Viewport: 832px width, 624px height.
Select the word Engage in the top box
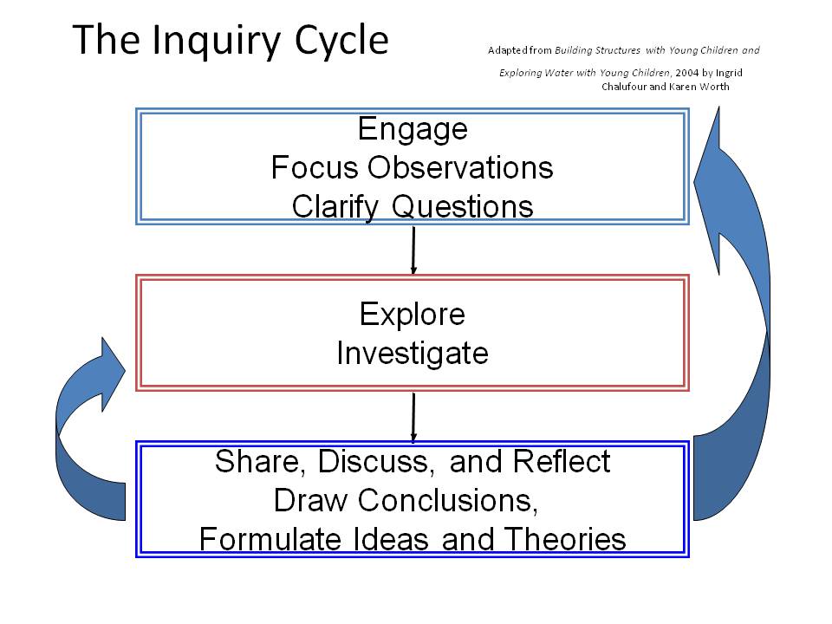tap(413, 129)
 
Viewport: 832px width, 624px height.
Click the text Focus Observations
tap(413, 167)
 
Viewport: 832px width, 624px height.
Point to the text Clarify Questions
tap(413, 206)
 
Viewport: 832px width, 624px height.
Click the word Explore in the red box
tap(413, 314)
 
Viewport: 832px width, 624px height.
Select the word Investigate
tap(413, 354)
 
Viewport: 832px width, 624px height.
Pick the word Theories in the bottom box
tap(566, 539)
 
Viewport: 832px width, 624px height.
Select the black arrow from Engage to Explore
tap(413, 250)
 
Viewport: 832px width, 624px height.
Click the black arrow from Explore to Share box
tap(413, 417)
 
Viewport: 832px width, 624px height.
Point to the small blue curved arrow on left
tap(82, 433)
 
